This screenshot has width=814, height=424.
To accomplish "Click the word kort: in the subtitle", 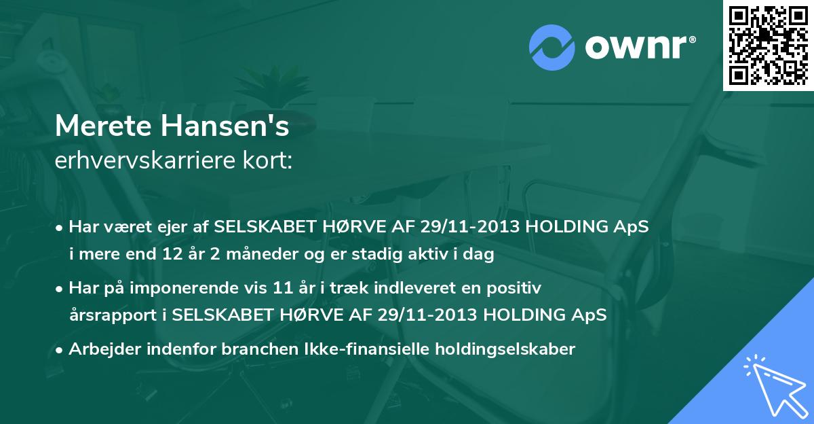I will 269,162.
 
